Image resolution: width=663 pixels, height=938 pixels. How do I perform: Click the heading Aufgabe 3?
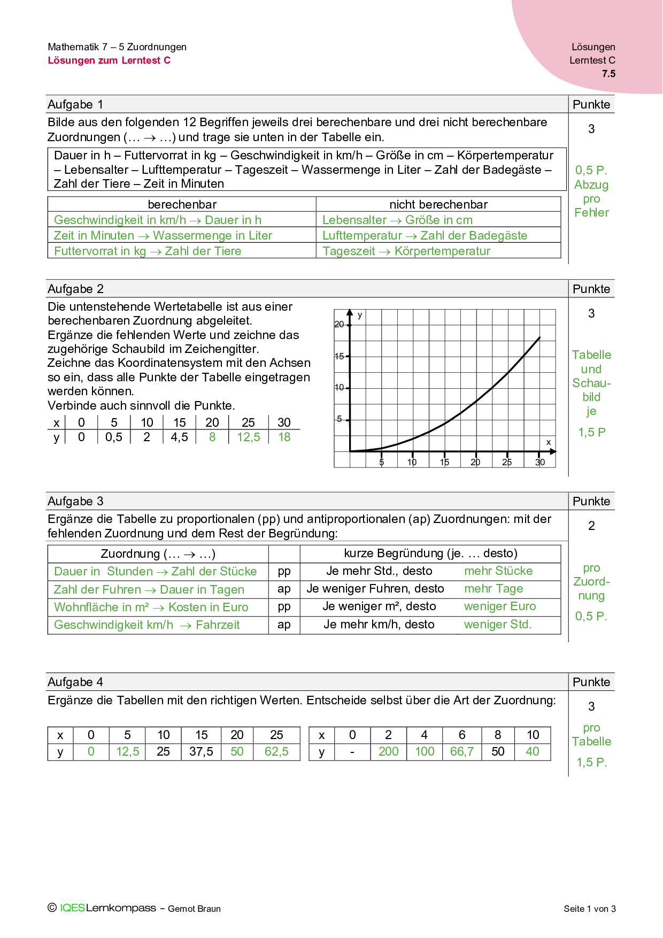pos(75,501)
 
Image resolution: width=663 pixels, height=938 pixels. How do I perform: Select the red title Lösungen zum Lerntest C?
pos(109,60)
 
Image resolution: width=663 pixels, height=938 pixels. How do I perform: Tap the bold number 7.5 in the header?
pos(608,74)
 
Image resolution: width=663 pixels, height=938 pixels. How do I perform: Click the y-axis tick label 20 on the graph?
pos(339,324)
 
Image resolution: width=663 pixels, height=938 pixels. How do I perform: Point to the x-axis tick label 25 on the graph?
pos(507,462)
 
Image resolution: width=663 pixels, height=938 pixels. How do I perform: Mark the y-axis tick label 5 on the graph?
pos(339,419)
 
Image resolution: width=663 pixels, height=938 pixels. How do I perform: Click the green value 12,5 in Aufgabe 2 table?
pos(249,437)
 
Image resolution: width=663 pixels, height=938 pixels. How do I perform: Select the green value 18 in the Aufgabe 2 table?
pos(284,437)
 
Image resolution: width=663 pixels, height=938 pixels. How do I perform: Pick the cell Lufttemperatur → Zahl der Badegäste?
pos(425,235)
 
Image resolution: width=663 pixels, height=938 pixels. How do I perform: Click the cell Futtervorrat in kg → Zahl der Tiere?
pos(148,251)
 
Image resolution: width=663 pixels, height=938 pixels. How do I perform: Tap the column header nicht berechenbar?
pos(438,204)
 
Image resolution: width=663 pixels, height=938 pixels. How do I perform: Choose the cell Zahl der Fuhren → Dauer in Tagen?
pos(149,589)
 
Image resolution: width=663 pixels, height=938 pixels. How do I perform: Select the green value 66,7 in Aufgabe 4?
pos(462,751)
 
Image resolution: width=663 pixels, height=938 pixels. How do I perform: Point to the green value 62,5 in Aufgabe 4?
pos(276,751)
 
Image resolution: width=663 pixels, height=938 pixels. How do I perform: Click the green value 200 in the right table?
pos(389,751)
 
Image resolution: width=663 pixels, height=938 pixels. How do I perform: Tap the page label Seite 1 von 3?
pos(590,909)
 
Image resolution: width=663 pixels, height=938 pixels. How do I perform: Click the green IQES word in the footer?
pos(73,908)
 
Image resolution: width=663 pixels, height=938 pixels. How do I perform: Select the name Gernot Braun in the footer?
pos(194,909)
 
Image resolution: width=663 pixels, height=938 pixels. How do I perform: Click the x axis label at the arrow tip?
pos(549,442)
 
